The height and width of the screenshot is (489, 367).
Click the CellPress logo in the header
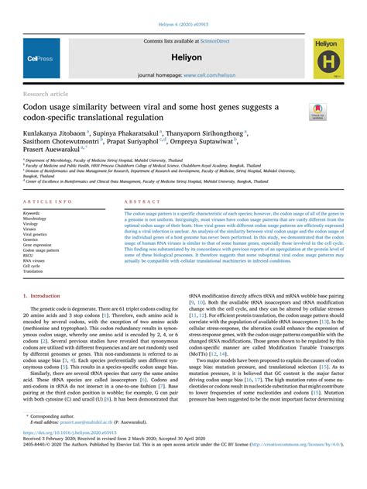(x=39, y=57)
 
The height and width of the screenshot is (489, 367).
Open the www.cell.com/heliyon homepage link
(x=205, y=76)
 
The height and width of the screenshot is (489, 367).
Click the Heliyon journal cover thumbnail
(x=329, y=59)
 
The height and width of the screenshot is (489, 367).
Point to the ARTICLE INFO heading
(x=48, y=201)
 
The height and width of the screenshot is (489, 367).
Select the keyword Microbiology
(x=39, y=219)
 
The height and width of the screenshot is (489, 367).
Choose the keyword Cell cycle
(x=35, y=267)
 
